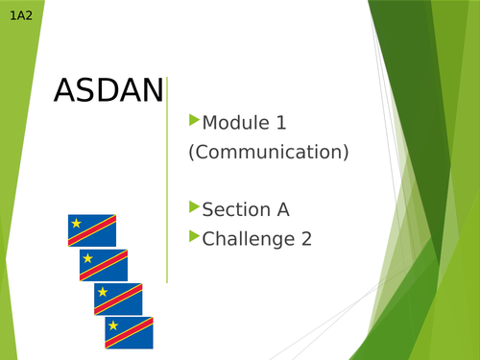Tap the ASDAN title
point(108,91)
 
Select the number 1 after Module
point(281,123)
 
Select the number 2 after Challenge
point(306,239)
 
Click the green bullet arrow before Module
point(195,120)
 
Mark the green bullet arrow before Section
point(195,206)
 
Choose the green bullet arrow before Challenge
point(195,236)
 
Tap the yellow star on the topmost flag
point(75,225)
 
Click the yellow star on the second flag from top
point(87,258)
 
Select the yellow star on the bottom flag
point(112,325)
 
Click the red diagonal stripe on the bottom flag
point(130,332)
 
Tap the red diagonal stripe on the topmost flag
point(92,230)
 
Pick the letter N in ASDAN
point(149,91)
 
